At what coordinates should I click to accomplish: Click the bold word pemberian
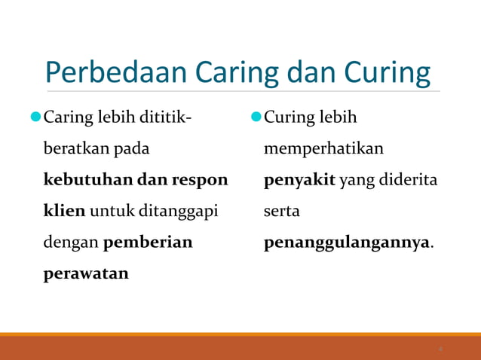148,243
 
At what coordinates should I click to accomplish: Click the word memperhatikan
323,149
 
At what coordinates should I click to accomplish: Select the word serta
282,212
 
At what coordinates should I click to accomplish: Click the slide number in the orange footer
441,349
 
